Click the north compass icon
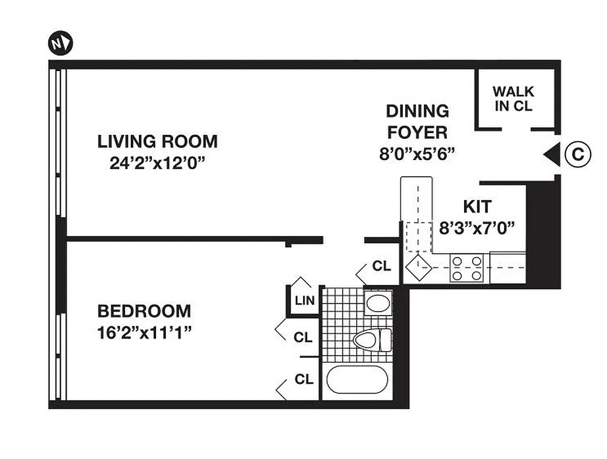tap(60, 43)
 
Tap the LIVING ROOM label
tap(157, 141)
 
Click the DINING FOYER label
tap(417, 122)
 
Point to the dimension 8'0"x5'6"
tap(417, 154)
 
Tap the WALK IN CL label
tap(513, 99)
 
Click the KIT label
tap(477, 206)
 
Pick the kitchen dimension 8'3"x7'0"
tap(476, 228)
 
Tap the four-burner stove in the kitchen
tap(466, 268)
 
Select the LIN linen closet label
tap(305, 300)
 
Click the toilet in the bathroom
tap(372, 340)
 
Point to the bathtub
tap(357, 380)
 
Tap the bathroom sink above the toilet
tap(378, 302)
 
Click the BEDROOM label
tap(144, 312)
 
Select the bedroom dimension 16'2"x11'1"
tap(144, 333)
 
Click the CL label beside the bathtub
tap(303, 379)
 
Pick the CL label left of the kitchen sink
tap(382, 266)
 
